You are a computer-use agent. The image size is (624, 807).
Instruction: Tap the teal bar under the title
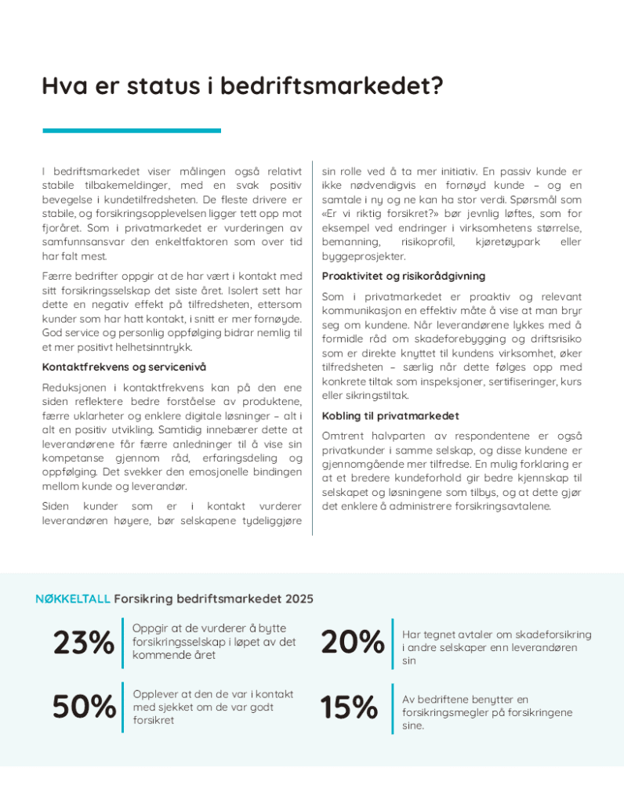click(x=131, y=131)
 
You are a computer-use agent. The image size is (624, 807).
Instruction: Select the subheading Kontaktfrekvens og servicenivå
click(x=124, y=367)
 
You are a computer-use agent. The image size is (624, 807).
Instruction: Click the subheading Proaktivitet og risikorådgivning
click(x=403, y=276)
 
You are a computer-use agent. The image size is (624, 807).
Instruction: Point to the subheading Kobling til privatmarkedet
click(x=390, y=416)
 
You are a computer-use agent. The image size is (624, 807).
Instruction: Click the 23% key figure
click(x=83, y=643)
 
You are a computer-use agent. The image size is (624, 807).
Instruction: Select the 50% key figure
click(x=83, y=707)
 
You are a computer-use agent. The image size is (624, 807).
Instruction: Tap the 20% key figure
click(x=352, y=643)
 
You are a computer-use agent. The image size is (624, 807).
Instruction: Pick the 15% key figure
click(x=349, y=707)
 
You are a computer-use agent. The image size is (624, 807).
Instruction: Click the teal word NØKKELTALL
click(x=73, y=599)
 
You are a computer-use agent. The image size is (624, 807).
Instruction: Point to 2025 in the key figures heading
click(x=299, y=599)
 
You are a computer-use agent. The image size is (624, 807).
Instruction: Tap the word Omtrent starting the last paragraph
click(x=343, y=436)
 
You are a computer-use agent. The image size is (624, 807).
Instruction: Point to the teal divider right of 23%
click(x=123, y=643)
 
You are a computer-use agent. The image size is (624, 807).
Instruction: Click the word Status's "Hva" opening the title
click(x=63, y=85)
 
